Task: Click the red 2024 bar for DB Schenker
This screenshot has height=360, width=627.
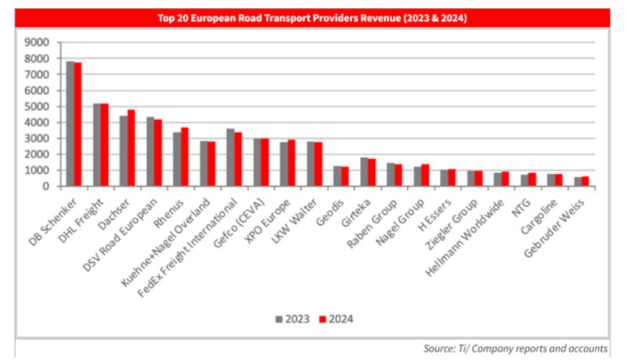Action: [x=78, y=124]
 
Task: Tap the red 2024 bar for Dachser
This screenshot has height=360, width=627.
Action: [x=131, y=148]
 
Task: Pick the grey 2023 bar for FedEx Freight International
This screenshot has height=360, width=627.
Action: [x=230, y=157]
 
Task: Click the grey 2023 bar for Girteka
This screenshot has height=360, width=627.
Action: [x=363, y=172]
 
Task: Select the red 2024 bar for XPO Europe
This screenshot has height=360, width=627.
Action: [x=292, y=163]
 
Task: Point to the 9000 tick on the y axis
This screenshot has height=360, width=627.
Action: [x=37, y=42]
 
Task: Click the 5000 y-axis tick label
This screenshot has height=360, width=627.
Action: [x=37, y=106]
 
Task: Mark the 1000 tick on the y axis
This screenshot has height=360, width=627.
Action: [x=37, y=170]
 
